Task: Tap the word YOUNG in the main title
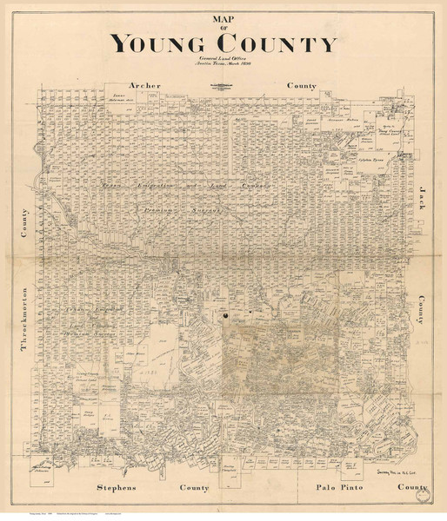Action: coord(157,43)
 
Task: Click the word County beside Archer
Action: coord(302,87)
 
